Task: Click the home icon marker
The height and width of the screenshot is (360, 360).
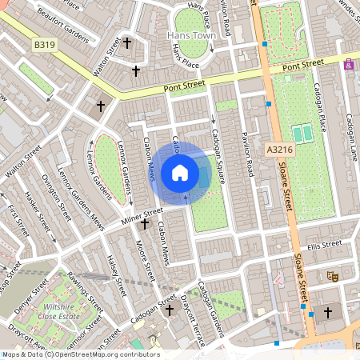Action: pyautogui.click(x=180, y=172)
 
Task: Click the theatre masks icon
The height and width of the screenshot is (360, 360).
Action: pyautogui.click(x=334, y=276)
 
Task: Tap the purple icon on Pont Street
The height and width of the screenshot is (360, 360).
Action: pyautogui.click(x=348, y=66)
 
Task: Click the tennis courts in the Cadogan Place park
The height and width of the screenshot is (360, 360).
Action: pyautogui.click(x=302, y=133)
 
